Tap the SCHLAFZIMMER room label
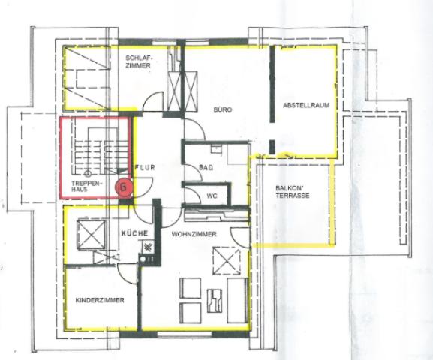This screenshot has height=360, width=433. point(139,61)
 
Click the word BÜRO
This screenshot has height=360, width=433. point(222,109)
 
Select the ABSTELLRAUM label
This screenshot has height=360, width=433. point(306,106)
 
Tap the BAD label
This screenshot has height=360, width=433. point(207,167)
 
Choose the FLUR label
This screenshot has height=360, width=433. point(145,168)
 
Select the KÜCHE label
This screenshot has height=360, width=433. point(134,234)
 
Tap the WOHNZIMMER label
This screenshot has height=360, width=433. point(194,235)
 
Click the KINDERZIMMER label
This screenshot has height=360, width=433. point(99,300)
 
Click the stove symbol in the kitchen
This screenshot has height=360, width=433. point(148,248)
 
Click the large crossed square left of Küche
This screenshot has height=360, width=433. point(89,233)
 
